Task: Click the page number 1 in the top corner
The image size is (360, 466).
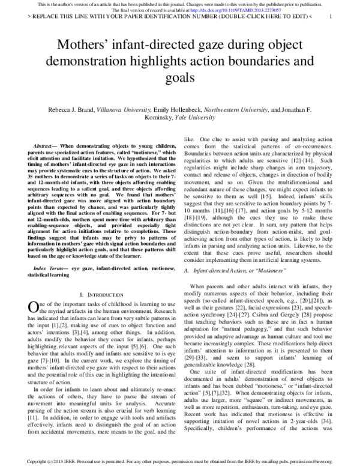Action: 331,17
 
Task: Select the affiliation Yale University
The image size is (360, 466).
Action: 209,118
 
